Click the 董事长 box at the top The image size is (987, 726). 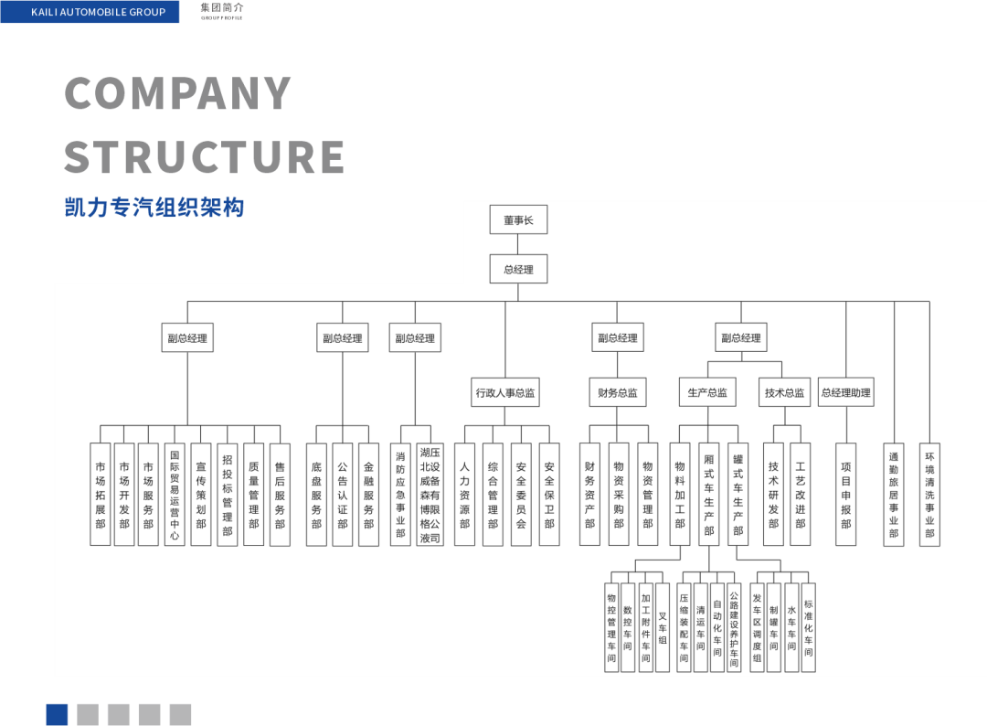pyautogui.click(x=518, y=220)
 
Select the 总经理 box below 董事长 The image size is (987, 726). pyautogui.click(x=518, y=270)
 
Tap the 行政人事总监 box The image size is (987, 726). pyautogui.click(x=505, y=392)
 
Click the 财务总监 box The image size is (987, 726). pyautogui.click(x=618, y=392)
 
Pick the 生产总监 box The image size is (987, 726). pyautogui.click(x=708, y=392)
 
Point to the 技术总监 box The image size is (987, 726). pyautogui.click(x=785, y=392)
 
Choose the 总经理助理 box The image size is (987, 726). pyautogui.click(x=846, y=392)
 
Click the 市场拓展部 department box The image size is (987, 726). pyautogui.click(x=101, y=495)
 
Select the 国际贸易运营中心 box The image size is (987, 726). pyautogui.click(x=175, y=495)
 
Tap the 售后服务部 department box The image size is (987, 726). pyautogui.click(x=280, y=495)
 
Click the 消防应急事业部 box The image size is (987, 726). pyautogui.click(x=400, y=495)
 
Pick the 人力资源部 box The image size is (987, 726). pyautogui.click(x=465, y=495)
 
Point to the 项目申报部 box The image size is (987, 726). pyautogui.click(x=846, y=495)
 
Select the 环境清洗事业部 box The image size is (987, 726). pyautogui.click(x=929, y=495)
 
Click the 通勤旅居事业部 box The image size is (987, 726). pyautogui.click(x=894, y=495)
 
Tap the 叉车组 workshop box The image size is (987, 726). pyautogui.click(x=663, y=627)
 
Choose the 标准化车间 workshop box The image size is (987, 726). pyautogui.click(x=808, y=627)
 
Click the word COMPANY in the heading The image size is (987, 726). pyautogui.click(x=178, y=93)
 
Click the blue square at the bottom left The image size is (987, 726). pyautogui.click(x=57, y=714)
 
